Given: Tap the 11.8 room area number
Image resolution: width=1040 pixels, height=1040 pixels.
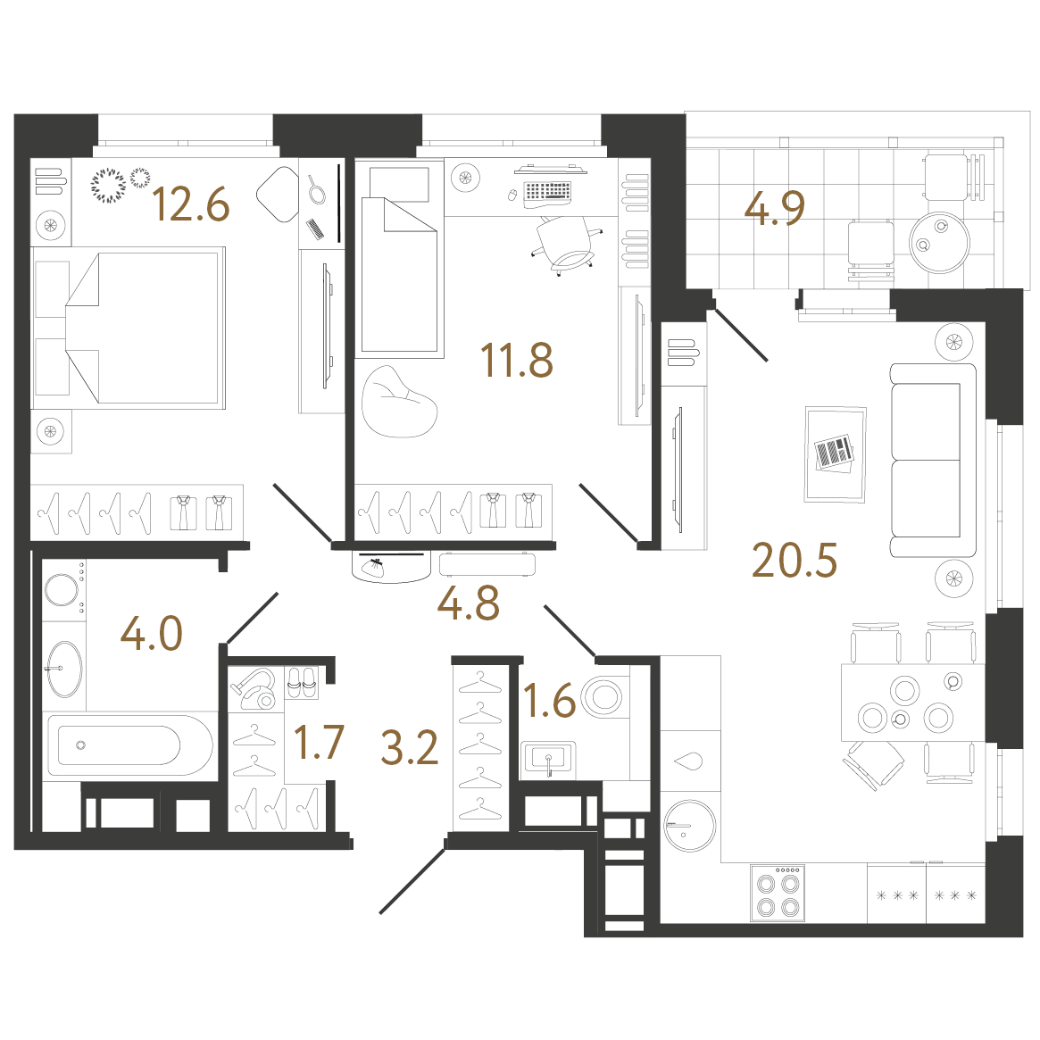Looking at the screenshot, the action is coord(517,360).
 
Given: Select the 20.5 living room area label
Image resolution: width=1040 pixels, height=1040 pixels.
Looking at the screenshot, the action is coord(794,560).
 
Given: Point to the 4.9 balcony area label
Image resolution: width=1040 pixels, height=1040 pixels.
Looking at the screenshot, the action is coord(774,208).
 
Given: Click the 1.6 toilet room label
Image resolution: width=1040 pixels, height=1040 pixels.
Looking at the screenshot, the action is coord(549,701).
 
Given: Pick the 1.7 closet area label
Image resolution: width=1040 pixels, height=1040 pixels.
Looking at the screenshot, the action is coord(319,742).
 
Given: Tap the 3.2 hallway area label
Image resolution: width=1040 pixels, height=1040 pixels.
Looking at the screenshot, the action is coord(409,747).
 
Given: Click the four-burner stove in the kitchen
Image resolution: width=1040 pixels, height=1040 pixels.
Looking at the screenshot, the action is coord(778,893).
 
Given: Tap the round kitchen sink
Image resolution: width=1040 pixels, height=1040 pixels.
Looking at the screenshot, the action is coord(690,825).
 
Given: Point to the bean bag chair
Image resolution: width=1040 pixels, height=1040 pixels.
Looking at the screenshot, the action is coord(399,403).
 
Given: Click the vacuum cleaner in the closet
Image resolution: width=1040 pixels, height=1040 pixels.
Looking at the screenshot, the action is coord(254,687).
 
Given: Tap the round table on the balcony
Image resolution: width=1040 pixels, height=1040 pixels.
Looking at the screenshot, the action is coord(939,242).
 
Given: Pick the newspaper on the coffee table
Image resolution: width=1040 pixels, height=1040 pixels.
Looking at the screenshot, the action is coord(834,453).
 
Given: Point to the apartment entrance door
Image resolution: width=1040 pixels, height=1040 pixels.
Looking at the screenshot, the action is coord(412,881).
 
